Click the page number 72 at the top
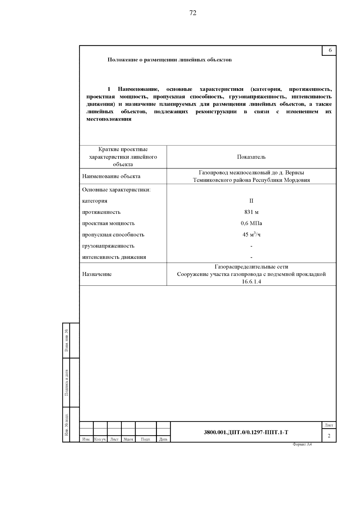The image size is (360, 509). click(x=193, y=13)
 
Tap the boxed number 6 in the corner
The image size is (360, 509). click(x=330, y=50)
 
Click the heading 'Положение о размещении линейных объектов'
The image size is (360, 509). click(x=169, y=60)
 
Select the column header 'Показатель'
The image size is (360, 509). click(x=251, y=157)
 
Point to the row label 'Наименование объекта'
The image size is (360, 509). click(x=111, y=176)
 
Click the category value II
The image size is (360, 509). click(x=251, y=201)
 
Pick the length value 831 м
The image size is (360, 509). click(x=251, y=212)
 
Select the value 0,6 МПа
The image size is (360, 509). click(x=251, y=223)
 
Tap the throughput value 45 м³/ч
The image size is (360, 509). click(x=251, y=235)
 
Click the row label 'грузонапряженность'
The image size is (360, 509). click(x=108, y=246)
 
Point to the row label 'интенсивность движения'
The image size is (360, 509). click(x=114, y=257)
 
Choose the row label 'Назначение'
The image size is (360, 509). click(x=97, y=274)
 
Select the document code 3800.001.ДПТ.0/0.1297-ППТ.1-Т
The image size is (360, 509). click(x=246, y=432)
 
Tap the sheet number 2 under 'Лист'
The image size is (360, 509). click(x=329, y=436)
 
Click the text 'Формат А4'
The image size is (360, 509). click(x=302, y=445)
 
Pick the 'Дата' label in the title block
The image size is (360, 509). click(x=163, y=439)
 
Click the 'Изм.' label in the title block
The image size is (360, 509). click(x=86, y=439)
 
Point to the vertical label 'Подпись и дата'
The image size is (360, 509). click(x=67, y=382)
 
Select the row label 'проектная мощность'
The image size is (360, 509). click(x=109, y=223)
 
